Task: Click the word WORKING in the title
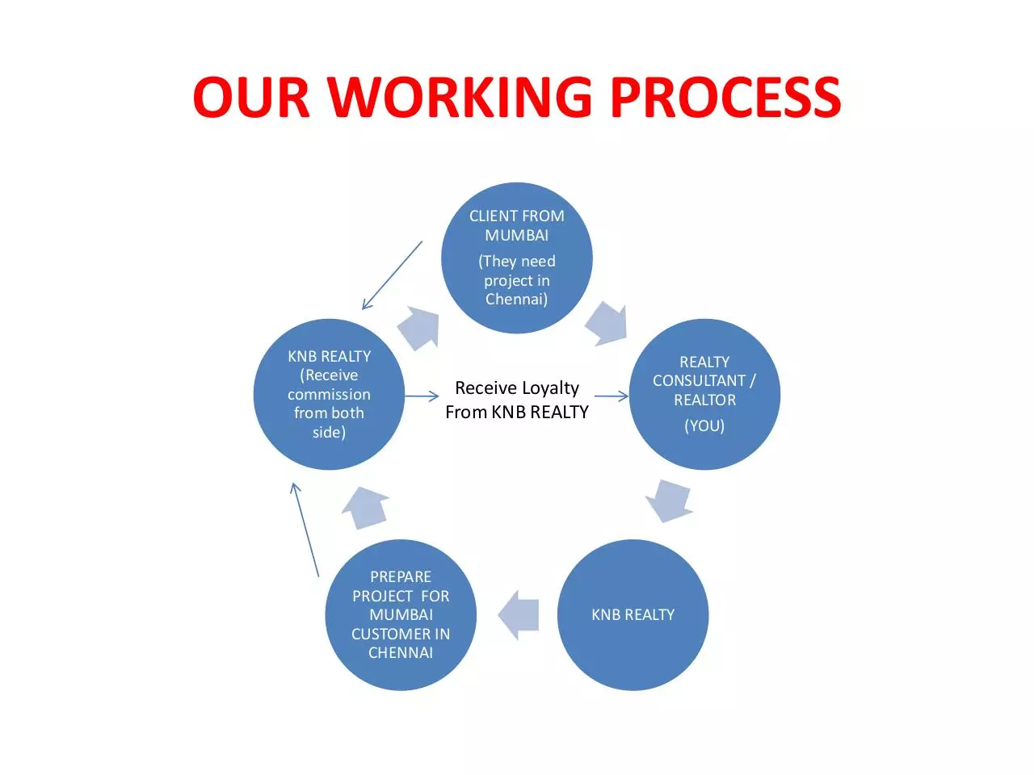pos(460,97)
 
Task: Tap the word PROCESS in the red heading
pos(726,97)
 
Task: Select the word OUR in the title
pos(251,97)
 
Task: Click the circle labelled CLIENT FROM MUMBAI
pos(517,258)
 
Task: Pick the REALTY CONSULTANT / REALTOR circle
pos(704,394)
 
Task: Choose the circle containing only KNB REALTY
pos(633,615)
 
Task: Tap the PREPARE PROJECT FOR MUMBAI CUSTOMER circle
pos(401,615)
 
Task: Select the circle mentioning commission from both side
pos(330,394)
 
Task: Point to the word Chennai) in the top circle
pos(517,300)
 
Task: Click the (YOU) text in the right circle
pos(704,426)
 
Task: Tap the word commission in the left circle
pos(330,394)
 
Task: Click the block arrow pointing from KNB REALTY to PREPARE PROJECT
pos(518,615)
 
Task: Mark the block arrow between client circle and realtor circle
pos(607,323)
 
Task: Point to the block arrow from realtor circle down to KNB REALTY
pos(669,501)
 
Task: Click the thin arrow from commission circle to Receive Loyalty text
pos(422,396)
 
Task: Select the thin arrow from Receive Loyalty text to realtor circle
pos(612,396)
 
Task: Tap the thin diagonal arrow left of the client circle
pos(392,275)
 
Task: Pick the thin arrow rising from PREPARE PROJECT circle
pos(305,530)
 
